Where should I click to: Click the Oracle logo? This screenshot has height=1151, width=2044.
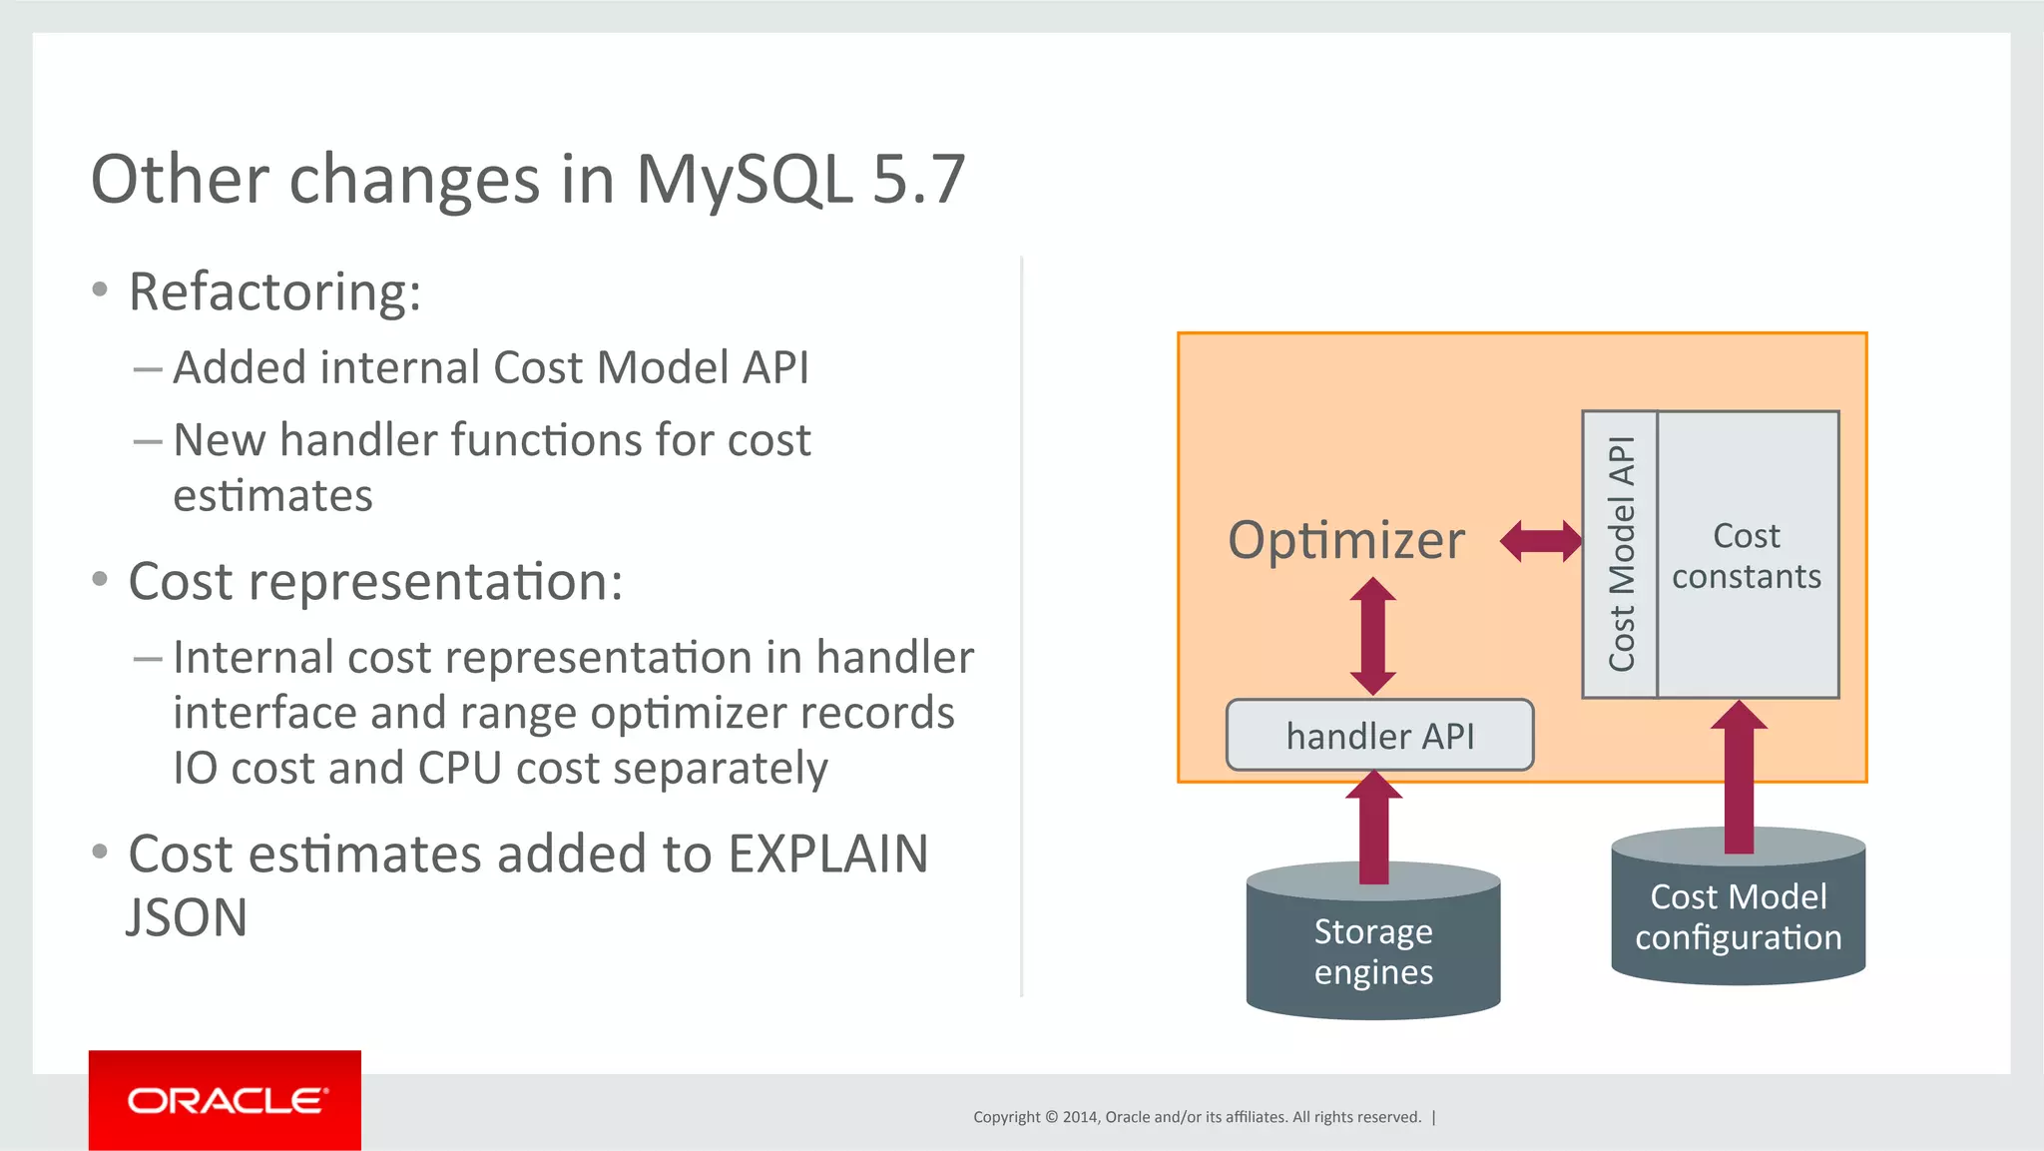pos(226,1100)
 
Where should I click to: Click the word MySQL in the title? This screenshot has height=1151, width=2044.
pos(744,181)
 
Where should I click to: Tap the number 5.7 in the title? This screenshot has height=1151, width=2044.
pos(918,181)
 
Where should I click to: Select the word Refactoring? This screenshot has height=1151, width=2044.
pos(274,292)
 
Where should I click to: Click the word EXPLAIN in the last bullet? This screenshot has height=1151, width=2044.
pos(827,855)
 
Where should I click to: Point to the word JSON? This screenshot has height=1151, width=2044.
pos(187,917)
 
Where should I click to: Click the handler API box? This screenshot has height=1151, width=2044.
pos(1379,736)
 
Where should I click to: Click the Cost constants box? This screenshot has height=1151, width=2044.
pos(1747,555)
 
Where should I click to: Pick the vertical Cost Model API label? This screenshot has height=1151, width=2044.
pos(1621,554)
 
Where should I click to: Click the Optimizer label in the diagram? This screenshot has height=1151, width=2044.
pos(1346,540)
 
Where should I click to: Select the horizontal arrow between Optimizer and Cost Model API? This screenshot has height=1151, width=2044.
pos(1541,541)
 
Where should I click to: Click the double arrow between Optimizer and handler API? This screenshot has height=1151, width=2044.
pos(1373,636)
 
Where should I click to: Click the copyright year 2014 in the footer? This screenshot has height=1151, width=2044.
pos(1080,1117)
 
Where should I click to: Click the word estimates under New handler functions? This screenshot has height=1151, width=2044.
pos(272,496)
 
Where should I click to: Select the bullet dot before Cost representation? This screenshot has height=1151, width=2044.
pos(100,579)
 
